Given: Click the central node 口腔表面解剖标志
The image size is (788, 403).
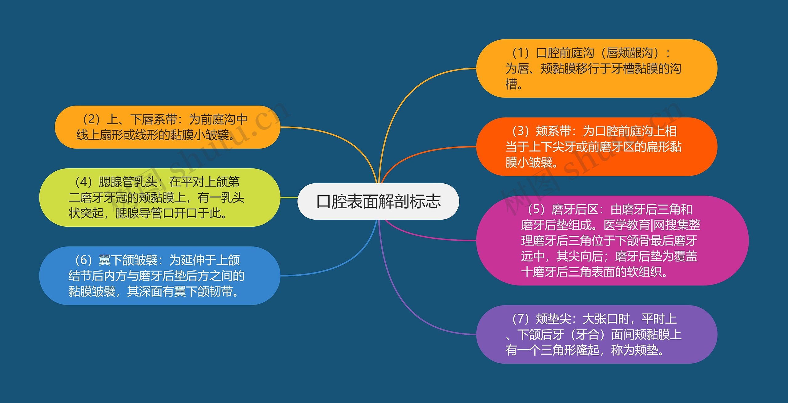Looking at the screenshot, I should pos(378,201).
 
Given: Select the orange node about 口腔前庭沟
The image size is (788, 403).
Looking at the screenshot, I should pos(597,68).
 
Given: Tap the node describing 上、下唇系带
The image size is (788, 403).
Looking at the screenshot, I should pos(167,127).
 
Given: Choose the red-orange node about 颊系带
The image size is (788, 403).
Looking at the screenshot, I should pos(597,146).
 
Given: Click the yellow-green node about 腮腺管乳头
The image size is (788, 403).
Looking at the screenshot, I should pos(159,198).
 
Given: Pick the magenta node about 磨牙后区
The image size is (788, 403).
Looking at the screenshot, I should pos(612,240).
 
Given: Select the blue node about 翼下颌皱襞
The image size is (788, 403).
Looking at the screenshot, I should pos(159,276).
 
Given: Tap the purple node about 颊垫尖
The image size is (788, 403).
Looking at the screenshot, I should pos(597,334).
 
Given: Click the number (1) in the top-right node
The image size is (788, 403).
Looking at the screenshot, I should pos(520,53).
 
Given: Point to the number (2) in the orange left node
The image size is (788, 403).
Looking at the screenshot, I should pos(91,119).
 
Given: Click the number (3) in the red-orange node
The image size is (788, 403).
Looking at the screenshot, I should pos(520,131).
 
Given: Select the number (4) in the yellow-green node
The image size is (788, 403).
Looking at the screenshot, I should pos(83,182).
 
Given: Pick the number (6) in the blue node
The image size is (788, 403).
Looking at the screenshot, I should pos(83,260).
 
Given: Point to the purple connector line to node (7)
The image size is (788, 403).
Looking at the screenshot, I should pos(409,311).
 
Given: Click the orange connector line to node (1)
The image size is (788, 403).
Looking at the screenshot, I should pos(409,92).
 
